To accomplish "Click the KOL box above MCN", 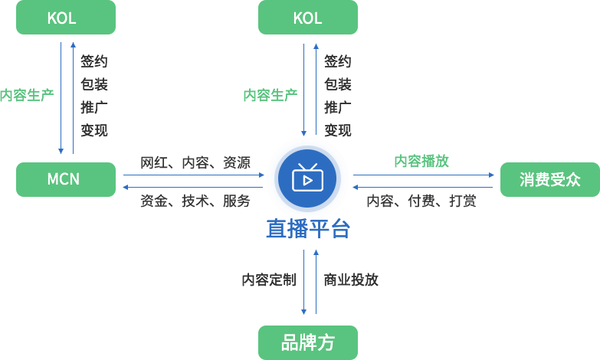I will click(x=66, y=18).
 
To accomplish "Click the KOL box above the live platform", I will click(x=307, y=18).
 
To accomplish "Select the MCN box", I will click(x=66, y=179).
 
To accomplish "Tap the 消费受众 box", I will click(x=549, y=179).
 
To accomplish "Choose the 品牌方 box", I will click(x=307, y=342).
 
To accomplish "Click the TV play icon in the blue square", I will click(x=307, y=177).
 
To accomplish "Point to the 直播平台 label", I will click(x=307, y=228).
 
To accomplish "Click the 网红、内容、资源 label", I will click(x=195, y=162).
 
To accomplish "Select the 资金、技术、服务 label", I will click(x=195, y=201).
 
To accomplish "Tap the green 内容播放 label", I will click(x=421, y=161).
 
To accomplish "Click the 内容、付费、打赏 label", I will click(x=421, y=201).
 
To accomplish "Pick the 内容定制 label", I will click(x=268, y=280).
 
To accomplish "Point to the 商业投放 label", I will click(x=351, y=280).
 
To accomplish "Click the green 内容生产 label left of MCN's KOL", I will click(x=26, y=95).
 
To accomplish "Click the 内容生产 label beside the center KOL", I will click(x=270, y=95).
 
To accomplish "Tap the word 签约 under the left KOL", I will click(x=94, y=61).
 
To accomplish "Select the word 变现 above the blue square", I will click(x=337, y=130).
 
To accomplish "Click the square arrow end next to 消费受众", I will click(x=491, y=175).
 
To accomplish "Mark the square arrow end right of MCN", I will click(x=126, y=187).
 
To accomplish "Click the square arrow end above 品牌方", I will click(x=303, y=312).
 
